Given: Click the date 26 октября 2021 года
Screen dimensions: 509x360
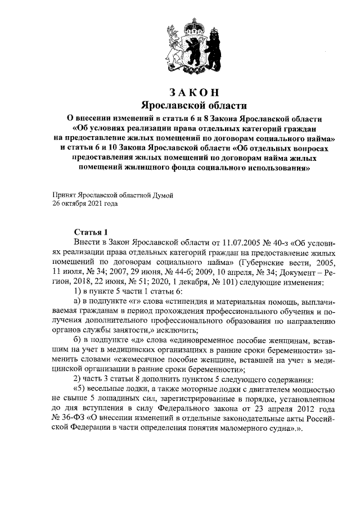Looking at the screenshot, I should (x=85, y=204).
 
